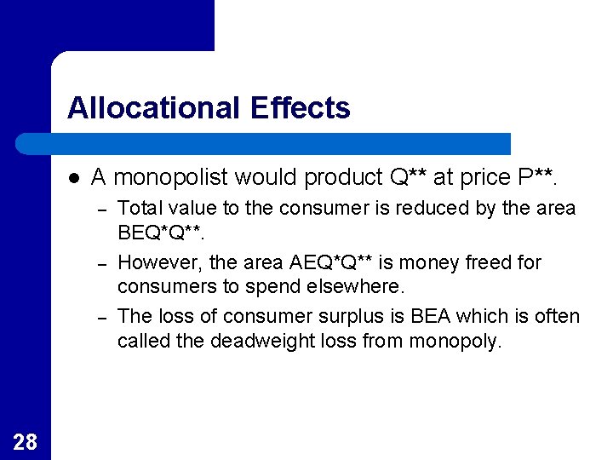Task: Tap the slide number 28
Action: point(26,440)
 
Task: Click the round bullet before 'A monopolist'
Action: point(75,178)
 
